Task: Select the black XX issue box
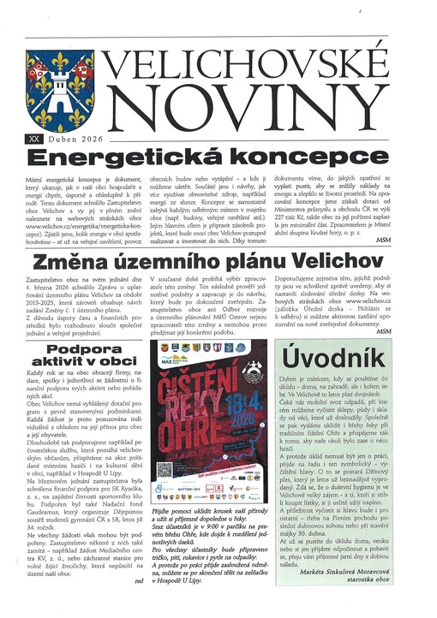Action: (x=33, y=137)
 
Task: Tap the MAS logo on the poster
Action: (x=167, y=358)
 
